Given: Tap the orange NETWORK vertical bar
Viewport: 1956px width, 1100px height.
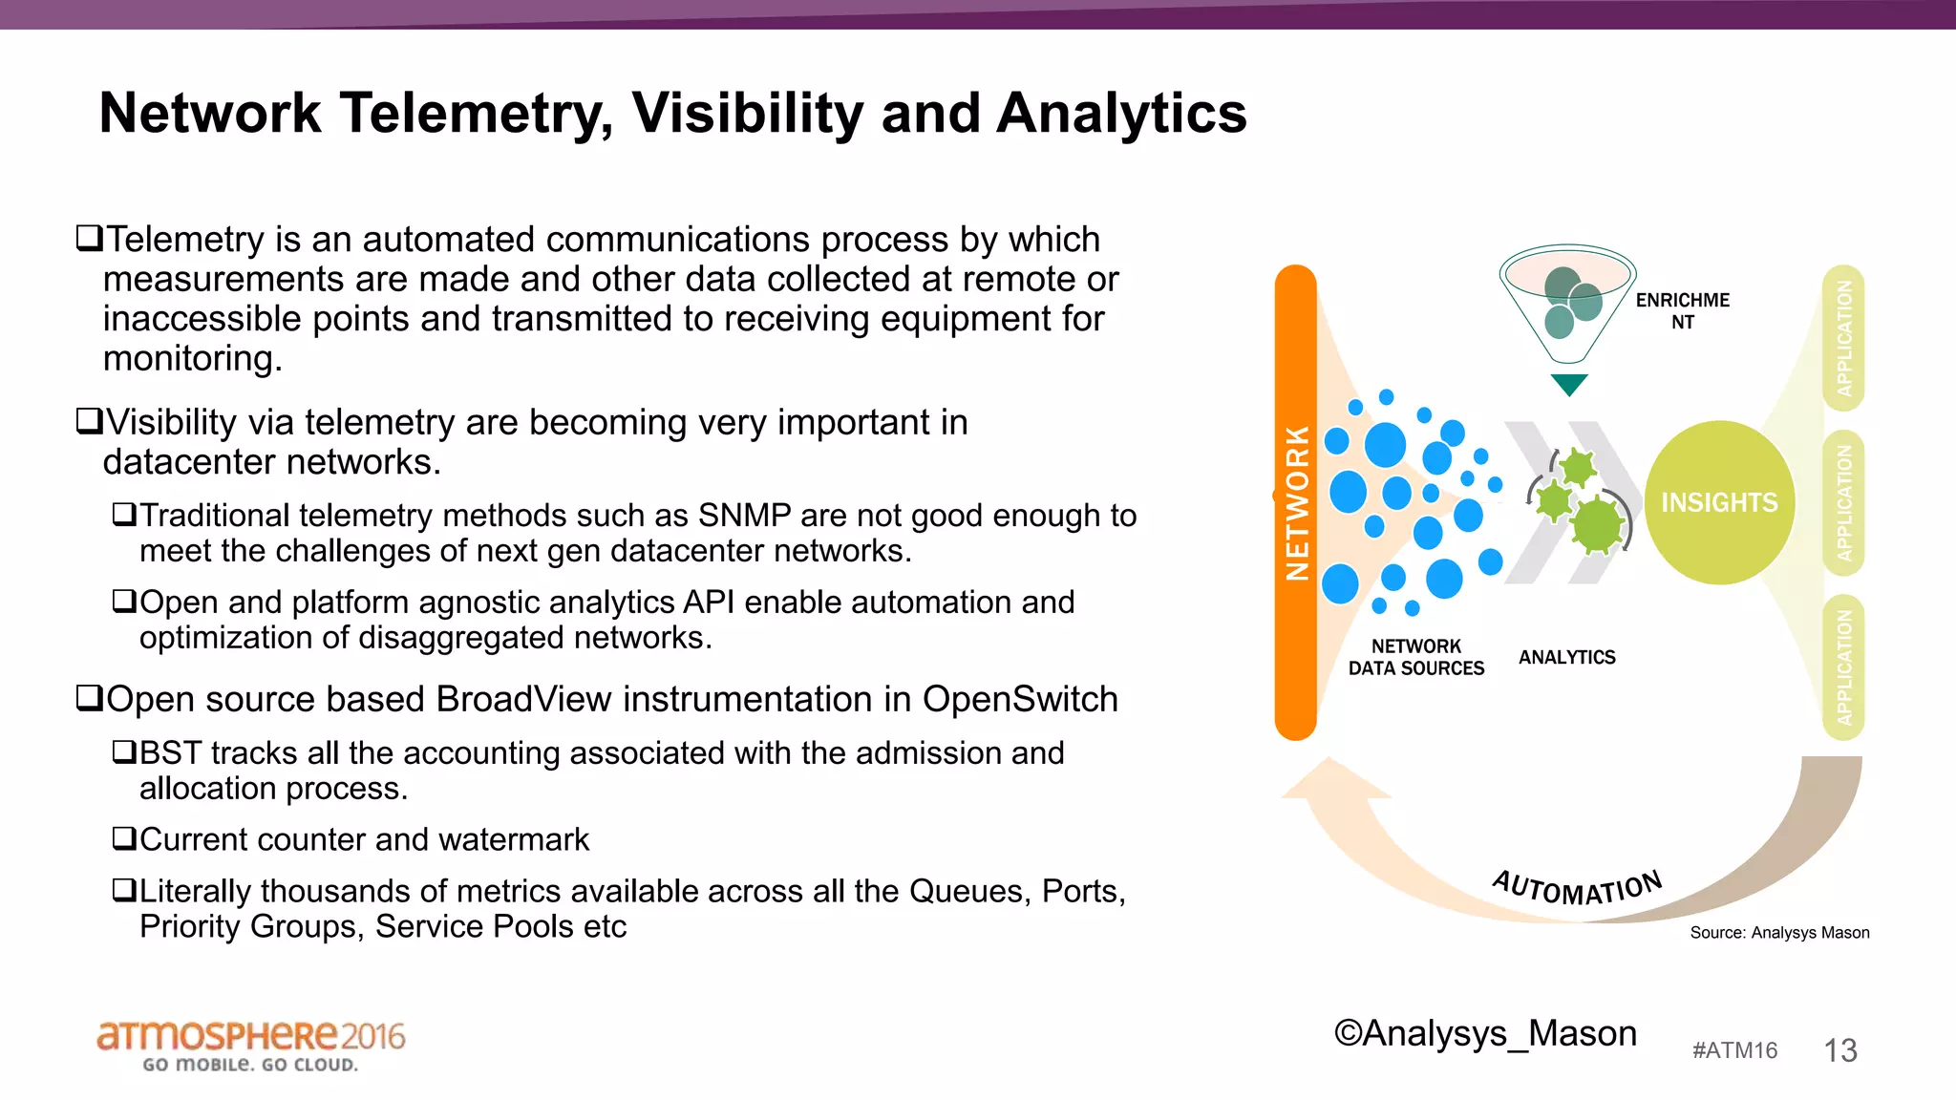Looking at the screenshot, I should click(1295, 502).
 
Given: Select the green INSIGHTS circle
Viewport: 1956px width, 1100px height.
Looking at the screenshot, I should click(1719, 502).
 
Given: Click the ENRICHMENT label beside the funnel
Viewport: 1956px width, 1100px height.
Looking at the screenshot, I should click(1682, 310).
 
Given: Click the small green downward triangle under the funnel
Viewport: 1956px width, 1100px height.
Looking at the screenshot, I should click(1569, 384).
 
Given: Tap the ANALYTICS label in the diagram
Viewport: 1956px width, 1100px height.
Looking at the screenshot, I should click(1566, 657).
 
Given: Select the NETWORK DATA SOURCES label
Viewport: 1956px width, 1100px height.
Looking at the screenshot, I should click(1415, 657).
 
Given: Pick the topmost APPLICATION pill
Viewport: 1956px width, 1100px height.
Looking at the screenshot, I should click(1843, 338).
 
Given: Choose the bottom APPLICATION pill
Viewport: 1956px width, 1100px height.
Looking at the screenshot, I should click(1843, 666).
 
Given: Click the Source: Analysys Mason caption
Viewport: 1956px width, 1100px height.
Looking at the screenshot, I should click(1779, 933).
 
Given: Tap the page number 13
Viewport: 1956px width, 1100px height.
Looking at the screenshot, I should click(1839, 1050).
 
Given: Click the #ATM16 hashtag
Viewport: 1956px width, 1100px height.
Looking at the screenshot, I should click(1734, 1050).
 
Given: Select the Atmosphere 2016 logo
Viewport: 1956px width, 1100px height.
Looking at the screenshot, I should click(250, 1045).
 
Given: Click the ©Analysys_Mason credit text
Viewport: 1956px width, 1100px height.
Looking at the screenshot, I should click(1485, 1033).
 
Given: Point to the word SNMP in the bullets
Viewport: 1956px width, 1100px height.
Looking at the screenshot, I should click(744, 516).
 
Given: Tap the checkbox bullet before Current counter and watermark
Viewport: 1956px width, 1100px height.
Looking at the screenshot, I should click(124, 838).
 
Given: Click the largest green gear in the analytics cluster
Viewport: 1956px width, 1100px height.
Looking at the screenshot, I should click(1596, 524).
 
